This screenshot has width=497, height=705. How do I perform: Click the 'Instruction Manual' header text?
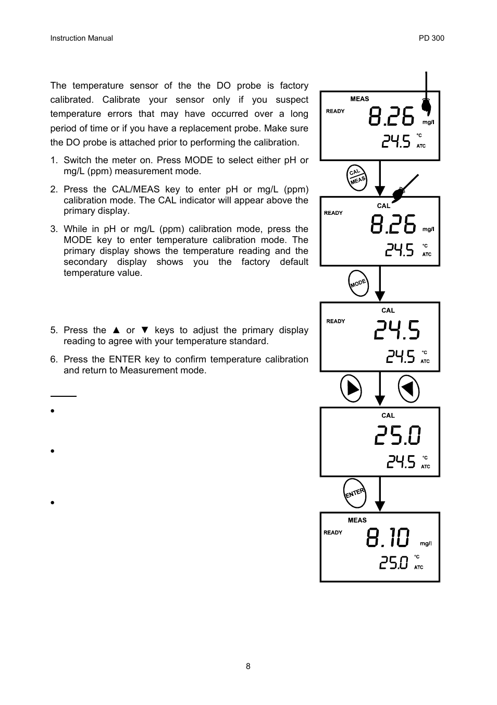coord(81,38)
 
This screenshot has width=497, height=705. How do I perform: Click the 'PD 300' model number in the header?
coord(431,38)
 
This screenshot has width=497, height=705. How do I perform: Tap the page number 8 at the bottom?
coord(248,666)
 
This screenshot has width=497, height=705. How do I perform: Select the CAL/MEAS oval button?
coord(357,177)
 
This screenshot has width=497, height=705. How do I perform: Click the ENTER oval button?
coord(355,493)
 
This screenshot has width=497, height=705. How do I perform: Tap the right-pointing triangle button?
coord(351,388)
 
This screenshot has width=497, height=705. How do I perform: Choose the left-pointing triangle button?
coord(408,388)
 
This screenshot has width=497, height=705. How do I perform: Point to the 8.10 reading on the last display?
coord(388,538)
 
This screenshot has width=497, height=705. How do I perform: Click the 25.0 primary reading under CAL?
coord(397,435)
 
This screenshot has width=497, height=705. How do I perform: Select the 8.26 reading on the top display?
coord(391,116)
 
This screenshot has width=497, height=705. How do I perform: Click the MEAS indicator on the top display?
coord(359,99)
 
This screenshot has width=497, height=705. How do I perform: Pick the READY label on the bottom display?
coord(333,532)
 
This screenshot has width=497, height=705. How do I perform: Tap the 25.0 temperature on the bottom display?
coord(394,563)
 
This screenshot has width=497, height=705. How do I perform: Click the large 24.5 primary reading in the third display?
coord(397,330)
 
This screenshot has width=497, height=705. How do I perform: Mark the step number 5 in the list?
coord(53,330)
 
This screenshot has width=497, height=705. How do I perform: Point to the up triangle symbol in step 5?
coord(116,330)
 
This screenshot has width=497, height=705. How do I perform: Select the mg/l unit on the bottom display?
coord(426,543)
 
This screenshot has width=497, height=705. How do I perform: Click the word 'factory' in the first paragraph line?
coord(294,86)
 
